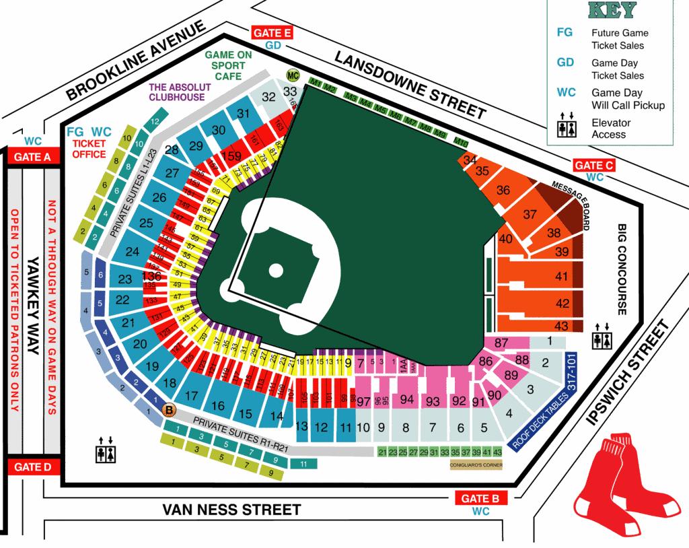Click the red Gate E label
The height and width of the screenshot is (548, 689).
click(273, 33)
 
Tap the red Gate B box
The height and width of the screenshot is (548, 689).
click(480, 498)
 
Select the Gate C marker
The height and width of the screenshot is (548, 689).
click(594, 165)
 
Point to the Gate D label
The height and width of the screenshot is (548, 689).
click(33, 467)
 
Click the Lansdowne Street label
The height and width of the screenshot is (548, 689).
click(410, 85)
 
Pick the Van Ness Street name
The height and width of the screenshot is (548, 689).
click(231, 510)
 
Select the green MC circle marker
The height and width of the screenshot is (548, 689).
click(293, 75)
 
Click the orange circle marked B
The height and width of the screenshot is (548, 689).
click(169, 409)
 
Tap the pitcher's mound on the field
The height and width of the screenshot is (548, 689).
click(276, 271)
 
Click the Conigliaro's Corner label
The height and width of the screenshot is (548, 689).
click(476, 465)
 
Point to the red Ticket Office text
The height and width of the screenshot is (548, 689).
click(89, 149)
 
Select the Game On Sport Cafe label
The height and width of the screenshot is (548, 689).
click(228, 66)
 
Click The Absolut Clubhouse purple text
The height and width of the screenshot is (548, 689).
click(176, 92)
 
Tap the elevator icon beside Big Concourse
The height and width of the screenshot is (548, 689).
click(602, 334)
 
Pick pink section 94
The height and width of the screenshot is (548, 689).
click(406, 400)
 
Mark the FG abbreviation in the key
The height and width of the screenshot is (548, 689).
click(565, 32)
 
